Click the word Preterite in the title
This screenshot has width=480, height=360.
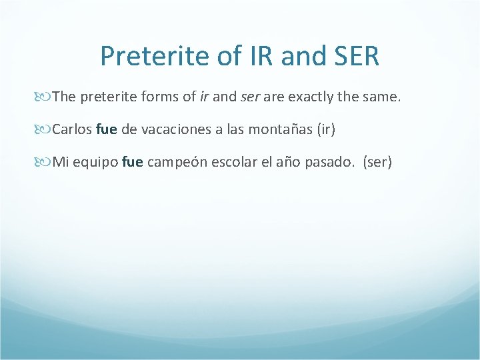click(x=155, y=56)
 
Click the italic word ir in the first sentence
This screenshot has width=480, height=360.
click(x=204, y=97)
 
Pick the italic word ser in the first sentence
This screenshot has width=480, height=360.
click(x=250, y=97)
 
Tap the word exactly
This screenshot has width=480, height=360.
click(x=309, y=97)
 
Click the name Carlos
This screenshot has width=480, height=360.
click(x=72, y=129)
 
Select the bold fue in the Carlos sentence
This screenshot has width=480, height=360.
click(x=107, y=129)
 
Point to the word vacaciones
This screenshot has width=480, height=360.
click(x=171, y=129)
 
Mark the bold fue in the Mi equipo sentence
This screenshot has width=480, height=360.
click(x=133, y=161)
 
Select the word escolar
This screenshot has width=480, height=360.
click(x=229, y=161)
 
